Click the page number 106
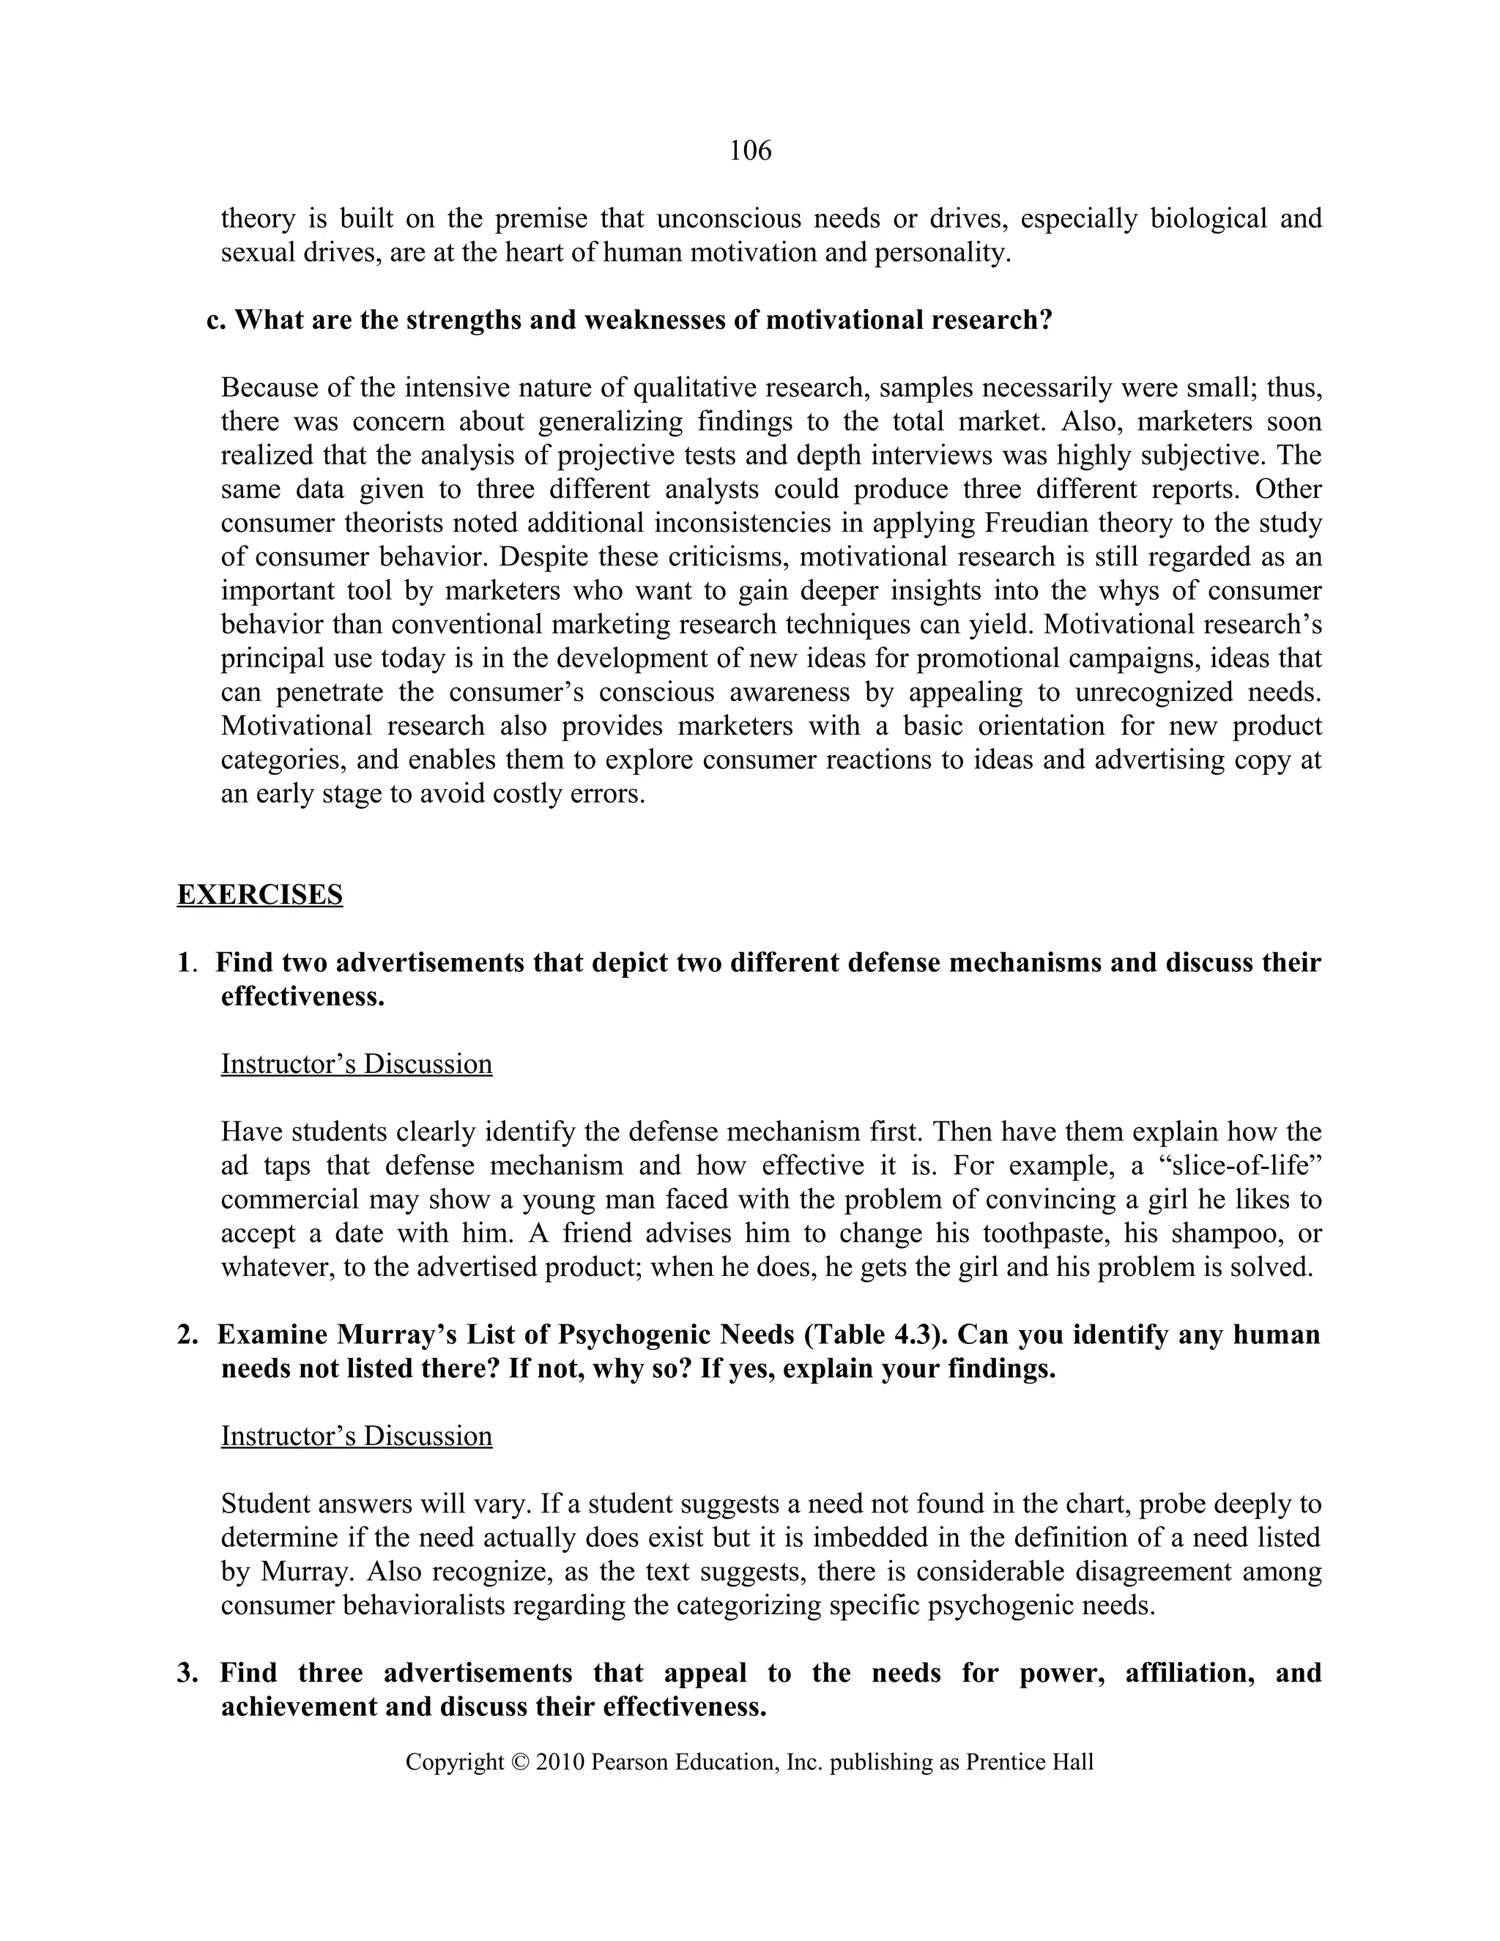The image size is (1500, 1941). tap(750, 151)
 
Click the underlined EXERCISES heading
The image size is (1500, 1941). tap(259, 894)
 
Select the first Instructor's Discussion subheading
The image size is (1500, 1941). tap(357, 1064)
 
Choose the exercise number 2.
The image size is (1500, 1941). tap(187, 1334)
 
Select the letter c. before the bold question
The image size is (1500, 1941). tap(216, 320)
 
